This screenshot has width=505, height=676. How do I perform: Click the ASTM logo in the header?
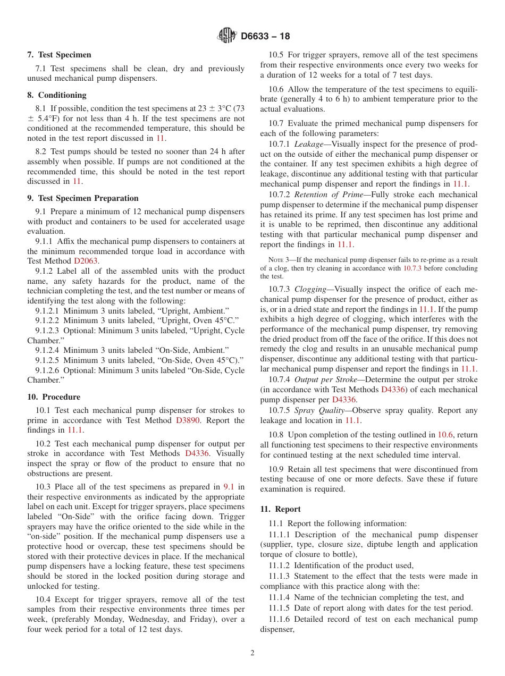tap(227, 36)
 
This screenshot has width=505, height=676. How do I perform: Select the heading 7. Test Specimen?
tap(59, 55)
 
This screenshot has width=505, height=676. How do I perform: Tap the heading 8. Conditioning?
tap(56, 95)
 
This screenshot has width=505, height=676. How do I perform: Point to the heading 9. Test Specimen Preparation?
tap(82, 198)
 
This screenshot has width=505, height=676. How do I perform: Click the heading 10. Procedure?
tap(54, 397)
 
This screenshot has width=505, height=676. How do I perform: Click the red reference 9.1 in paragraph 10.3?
tap(229, 487)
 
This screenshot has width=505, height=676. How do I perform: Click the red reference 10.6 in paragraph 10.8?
tap(445, 435)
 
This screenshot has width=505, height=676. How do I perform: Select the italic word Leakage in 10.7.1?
tap(308, 145)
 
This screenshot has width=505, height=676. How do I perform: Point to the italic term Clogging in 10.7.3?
tap(310, 290)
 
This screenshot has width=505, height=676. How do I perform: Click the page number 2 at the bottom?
tap(252, 653)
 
